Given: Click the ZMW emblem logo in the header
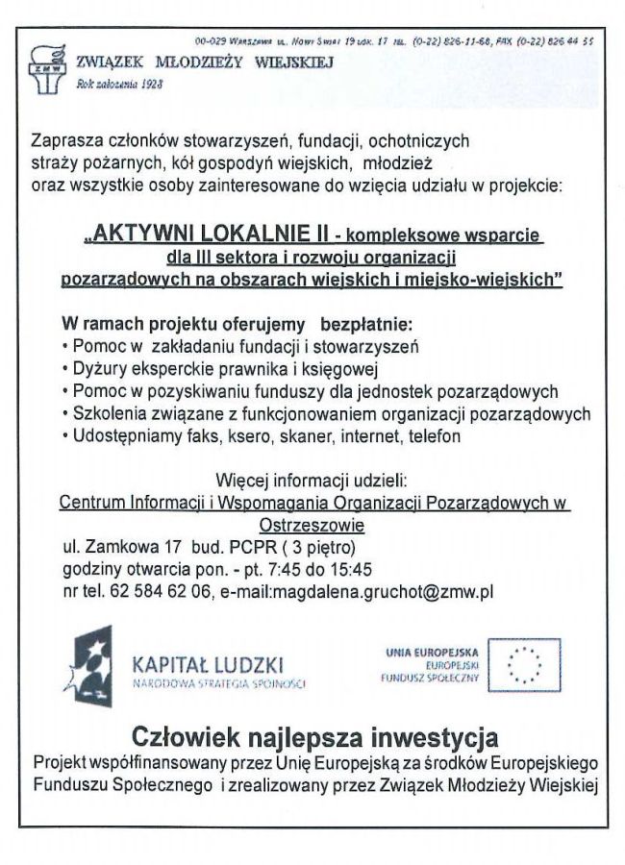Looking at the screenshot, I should coord(41,66).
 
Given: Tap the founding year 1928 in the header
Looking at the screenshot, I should coord(147,84).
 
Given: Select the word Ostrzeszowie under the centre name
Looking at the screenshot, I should coord(312,526).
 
